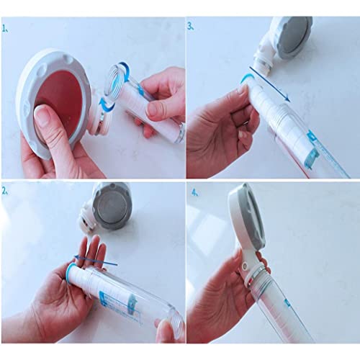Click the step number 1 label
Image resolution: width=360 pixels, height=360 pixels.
(5, 29)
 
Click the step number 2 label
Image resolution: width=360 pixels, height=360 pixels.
(5, 191)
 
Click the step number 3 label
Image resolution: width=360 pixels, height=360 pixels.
(191, 27)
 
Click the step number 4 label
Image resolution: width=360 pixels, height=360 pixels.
(194, 193)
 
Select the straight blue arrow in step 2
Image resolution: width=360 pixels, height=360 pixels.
(95, 261)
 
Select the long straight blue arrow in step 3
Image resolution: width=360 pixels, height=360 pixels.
(269, 84)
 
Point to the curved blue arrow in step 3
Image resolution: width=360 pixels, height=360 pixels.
(247, 78)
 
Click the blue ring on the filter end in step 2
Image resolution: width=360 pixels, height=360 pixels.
(69, 272)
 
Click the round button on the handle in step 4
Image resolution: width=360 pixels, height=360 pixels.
(245, 266)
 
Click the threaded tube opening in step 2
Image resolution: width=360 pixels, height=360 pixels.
(175, 323)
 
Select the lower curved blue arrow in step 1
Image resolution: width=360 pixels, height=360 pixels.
(106, 105)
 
